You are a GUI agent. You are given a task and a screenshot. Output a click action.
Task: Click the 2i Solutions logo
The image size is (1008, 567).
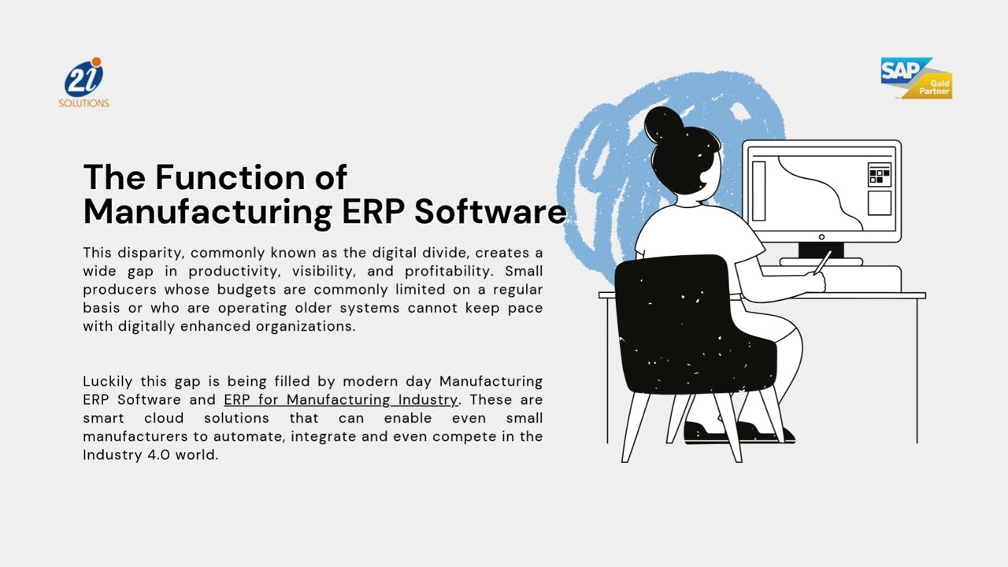(x=83, y=83)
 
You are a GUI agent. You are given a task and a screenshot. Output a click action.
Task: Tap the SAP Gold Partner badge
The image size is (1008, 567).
(x=916, y=78)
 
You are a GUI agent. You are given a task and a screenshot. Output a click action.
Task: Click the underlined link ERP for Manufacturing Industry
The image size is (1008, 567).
(x=340, y=400)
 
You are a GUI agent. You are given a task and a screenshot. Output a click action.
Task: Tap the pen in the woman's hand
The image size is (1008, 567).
(x=822, y=261)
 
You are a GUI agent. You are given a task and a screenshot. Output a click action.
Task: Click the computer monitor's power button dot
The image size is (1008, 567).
(x=821, y=237)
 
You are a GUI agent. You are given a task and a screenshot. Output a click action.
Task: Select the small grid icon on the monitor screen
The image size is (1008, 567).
(x=879, y=175)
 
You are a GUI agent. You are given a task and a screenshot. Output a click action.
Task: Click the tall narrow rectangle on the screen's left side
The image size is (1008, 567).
(x=758, y=191)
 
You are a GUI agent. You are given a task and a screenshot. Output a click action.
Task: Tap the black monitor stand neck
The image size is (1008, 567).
(x=820, y=250)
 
